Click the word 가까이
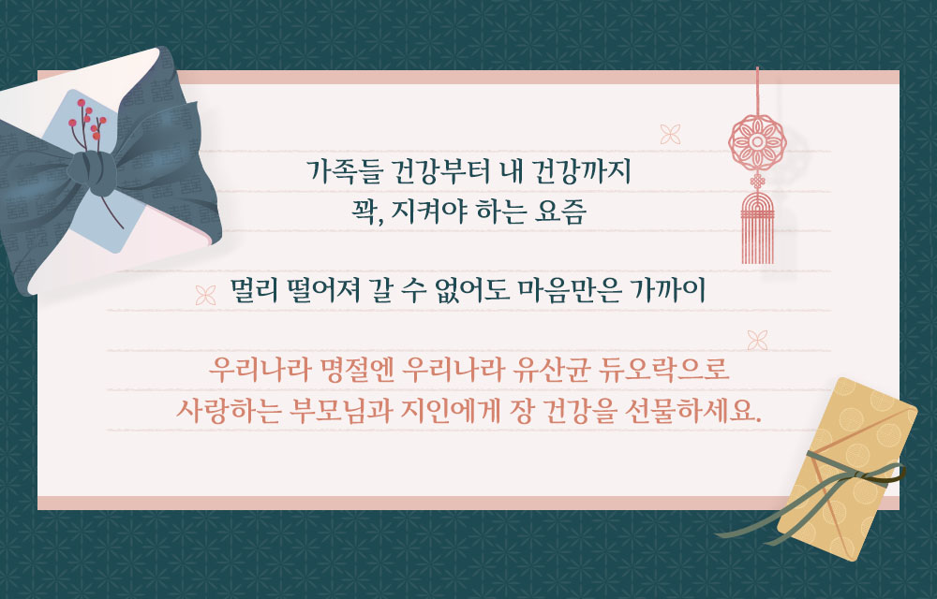[x=671, y=290]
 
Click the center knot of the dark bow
[x=93, y=172]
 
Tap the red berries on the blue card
[x=87, y=118]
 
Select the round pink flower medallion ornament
[x=757, y=142]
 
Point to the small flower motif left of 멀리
[x=205, y=295]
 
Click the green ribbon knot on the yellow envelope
[x=859, y=475]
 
